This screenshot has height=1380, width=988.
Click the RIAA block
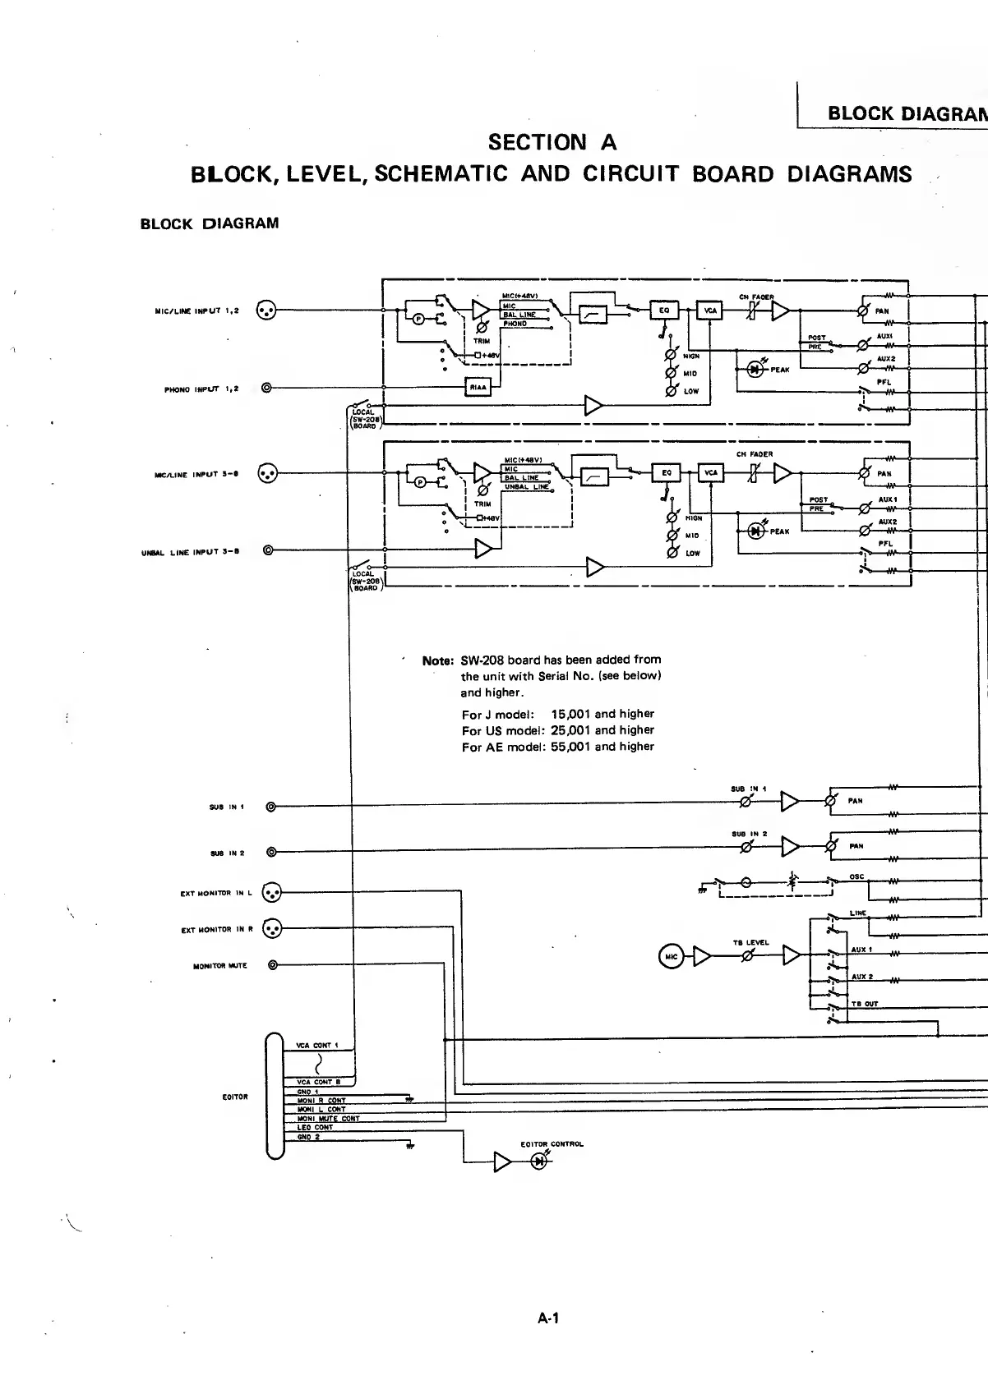[x=478, y=388]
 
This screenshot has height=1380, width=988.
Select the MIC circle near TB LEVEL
[x=671, y=955]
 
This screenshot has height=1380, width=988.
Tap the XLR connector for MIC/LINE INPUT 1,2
[x=265, y=310]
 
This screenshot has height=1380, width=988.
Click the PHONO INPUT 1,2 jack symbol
[x=265, y=388]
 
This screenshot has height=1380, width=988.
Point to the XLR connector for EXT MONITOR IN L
[x=271, y=892]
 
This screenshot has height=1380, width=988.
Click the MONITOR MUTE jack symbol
[x=273, y=965]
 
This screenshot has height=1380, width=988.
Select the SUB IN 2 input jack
[x=271, y=852]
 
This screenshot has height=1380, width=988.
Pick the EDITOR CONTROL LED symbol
[x=539, y=1161]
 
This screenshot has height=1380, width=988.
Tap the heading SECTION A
[x=552, y=143]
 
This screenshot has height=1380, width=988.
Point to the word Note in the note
[x=437, y=660]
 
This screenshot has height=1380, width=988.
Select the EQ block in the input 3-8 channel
[x=666, y=473]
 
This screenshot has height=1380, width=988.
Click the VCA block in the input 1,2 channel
[x=709, y=310]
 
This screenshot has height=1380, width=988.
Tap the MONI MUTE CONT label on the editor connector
[x=328, y=1119]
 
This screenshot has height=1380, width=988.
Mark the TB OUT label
[x=864, y=1004]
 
